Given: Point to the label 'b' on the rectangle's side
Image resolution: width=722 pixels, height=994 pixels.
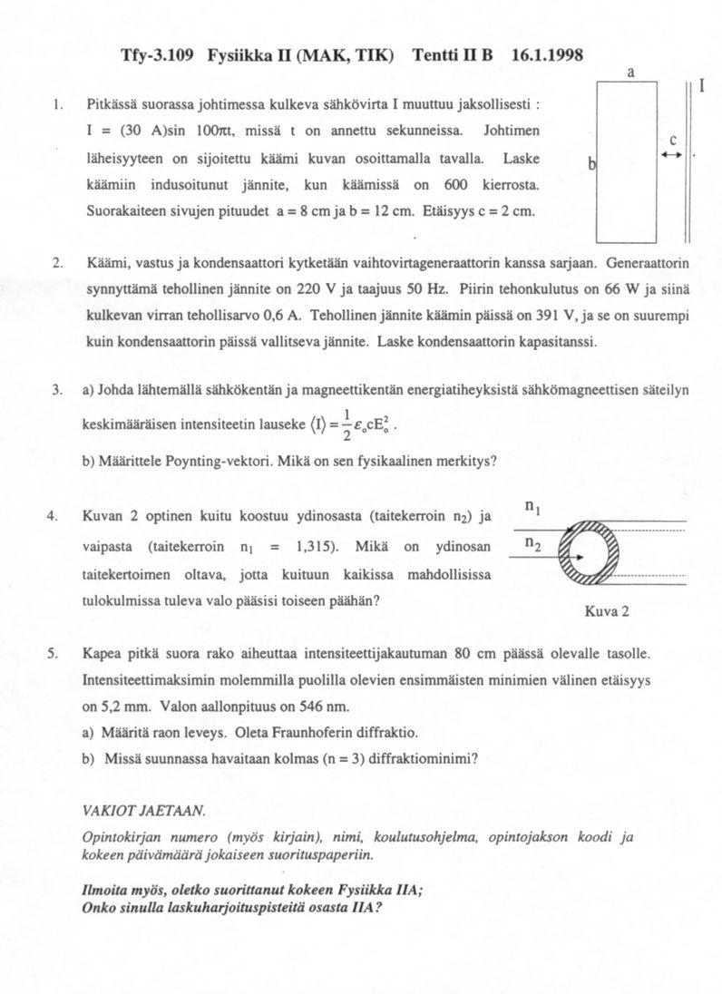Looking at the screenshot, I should [x=591, y=164].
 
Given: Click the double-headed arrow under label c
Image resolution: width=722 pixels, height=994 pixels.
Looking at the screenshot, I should [x=672, y=155].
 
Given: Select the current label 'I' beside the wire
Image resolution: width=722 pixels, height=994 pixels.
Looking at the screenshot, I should [x=702, y=87].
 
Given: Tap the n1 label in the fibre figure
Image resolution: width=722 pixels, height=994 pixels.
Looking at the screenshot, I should [x=533, y=508].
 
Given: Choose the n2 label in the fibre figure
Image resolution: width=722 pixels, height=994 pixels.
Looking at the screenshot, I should [x=533, y=543].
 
